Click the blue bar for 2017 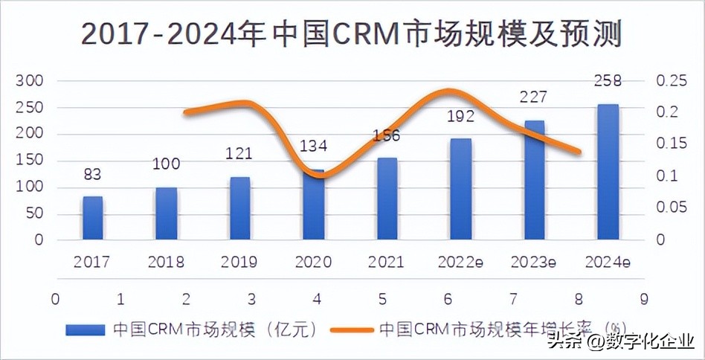point(92,218)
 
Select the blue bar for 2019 point(239,208)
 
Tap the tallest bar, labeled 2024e point(608,172)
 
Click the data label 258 point(608,80)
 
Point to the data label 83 point(92,174)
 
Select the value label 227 point(533,97)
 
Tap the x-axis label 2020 point(313,262)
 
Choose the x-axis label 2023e point(533,262)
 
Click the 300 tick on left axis point(30,80)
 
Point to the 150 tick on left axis point(30,161)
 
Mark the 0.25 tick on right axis point(672,80)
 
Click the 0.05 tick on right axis point(672,208)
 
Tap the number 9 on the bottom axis point(643,299)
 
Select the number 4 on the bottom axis point(318,299)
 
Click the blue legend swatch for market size point(86,329)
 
